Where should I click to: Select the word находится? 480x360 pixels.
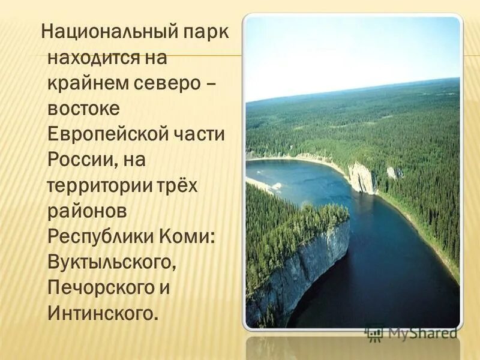95,59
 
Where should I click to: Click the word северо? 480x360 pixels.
170,85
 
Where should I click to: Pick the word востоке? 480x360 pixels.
85,110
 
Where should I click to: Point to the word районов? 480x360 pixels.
87,211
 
